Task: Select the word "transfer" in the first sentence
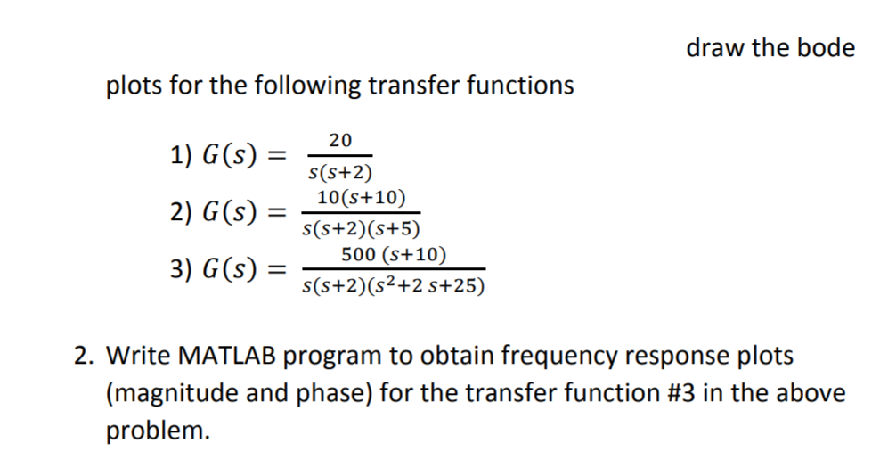(409, 86)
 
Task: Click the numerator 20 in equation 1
(339, 139)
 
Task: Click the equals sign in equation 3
(280, 271)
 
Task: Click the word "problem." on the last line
(159, 431)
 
